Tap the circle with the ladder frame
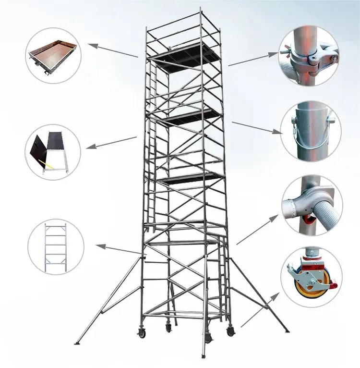[56, 246]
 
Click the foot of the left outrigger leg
[77, 343]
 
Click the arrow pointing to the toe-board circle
[112, 51]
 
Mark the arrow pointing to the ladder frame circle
[120, 250]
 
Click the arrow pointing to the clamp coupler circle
[252, 59]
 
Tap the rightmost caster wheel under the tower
[231, 331]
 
